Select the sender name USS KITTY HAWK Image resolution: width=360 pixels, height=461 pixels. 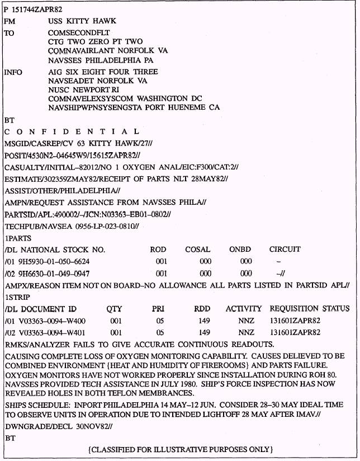(x=82, y=21)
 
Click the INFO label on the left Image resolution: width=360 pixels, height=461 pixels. (x=13, y=72)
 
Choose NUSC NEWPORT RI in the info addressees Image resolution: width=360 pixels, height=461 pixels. (x=83, y=90)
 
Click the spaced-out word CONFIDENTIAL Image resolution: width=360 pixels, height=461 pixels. (x=72, y=132)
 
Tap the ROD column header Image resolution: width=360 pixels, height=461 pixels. (x=158, y=250)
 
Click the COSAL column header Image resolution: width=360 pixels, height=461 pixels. (x=198, y=250)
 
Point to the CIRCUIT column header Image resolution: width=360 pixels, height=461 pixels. (x=285, y=250)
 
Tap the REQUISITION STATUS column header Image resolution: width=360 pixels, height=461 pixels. (x=309, y=309)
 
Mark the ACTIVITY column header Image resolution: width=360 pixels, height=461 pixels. (x=244, y=309)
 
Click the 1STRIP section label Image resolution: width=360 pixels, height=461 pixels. (x=17, y=297)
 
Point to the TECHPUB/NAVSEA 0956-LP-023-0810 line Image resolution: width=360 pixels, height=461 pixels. (x=71, y=227)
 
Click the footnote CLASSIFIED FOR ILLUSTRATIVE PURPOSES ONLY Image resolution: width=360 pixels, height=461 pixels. (x=180, y=449)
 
